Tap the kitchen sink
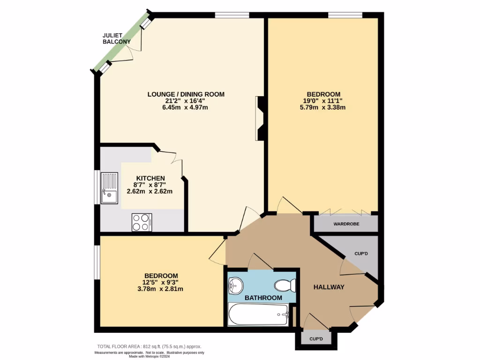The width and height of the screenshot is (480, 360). [x=109, y=188]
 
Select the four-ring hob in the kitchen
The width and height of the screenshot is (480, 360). [x=142, y=222]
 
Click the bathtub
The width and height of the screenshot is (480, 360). [x=258, y=314]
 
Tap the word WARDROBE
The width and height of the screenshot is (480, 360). [x=346, y=224]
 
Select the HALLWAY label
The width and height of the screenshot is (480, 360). [x=329, y=287]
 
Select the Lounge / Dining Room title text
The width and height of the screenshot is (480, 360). [x=186, y=94]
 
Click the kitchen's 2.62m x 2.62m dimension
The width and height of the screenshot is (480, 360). [x=150, y=191]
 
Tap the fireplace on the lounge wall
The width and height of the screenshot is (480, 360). [x=261, y=118]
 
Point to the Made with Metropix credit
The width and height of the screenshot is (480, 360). [x=150, y=356]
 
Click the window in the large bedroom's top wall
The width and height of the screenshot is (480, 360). [x=345, y=15]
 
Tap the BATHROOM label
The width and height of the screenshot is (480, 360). [x=263, y=298]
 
